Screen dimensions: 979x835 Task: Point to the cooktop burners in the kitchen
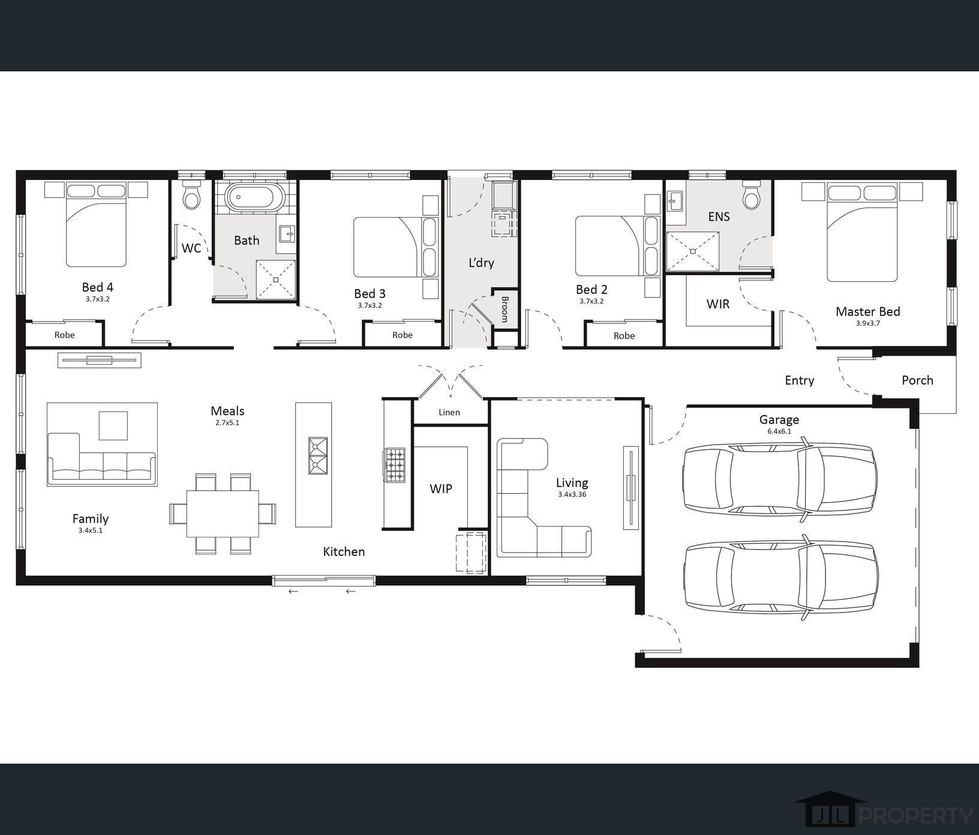394,465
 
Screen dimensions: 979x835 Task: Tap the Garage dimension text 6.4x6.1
779,431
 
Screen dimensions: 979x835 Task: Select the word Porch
917,380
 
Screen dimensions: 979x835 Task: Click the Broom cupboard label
504,309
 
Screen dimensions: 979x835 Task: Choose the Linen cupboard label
449,412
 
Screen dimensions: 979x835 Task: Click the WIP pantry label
441,489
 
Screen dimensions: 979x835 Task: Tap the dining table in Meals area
223,513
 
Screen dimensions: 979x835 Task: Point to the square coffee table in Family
113,426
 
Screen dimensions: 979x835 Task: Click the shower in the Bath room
276,279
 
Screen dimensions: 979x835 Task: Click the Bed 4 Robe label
64,335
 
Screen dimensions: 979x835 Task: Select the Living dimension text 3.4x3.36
572,495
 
